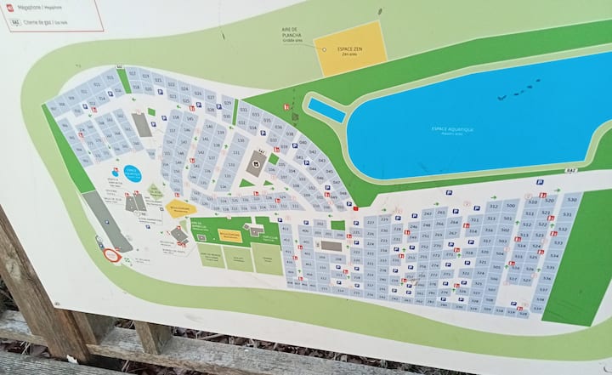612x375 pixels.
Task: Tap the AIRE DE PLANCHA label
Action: click(x=292, y=35)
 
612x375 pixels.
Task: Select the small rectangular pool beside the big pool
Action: click(x=326, y=110)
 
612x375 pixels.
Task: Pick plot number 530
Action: click(x=572, y=199)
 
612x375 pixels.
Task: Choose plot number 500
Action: click(x=510, y=205)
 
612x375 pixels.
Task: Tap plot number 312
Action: click(x=493, y=207)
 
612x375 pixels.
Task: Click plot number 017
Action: click(x=133, y=75)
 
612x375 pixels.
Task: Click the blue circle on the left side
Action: click(x=133, y=173)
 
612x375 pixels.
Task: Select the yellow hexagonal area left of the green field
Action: click(x=179, y=207)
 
